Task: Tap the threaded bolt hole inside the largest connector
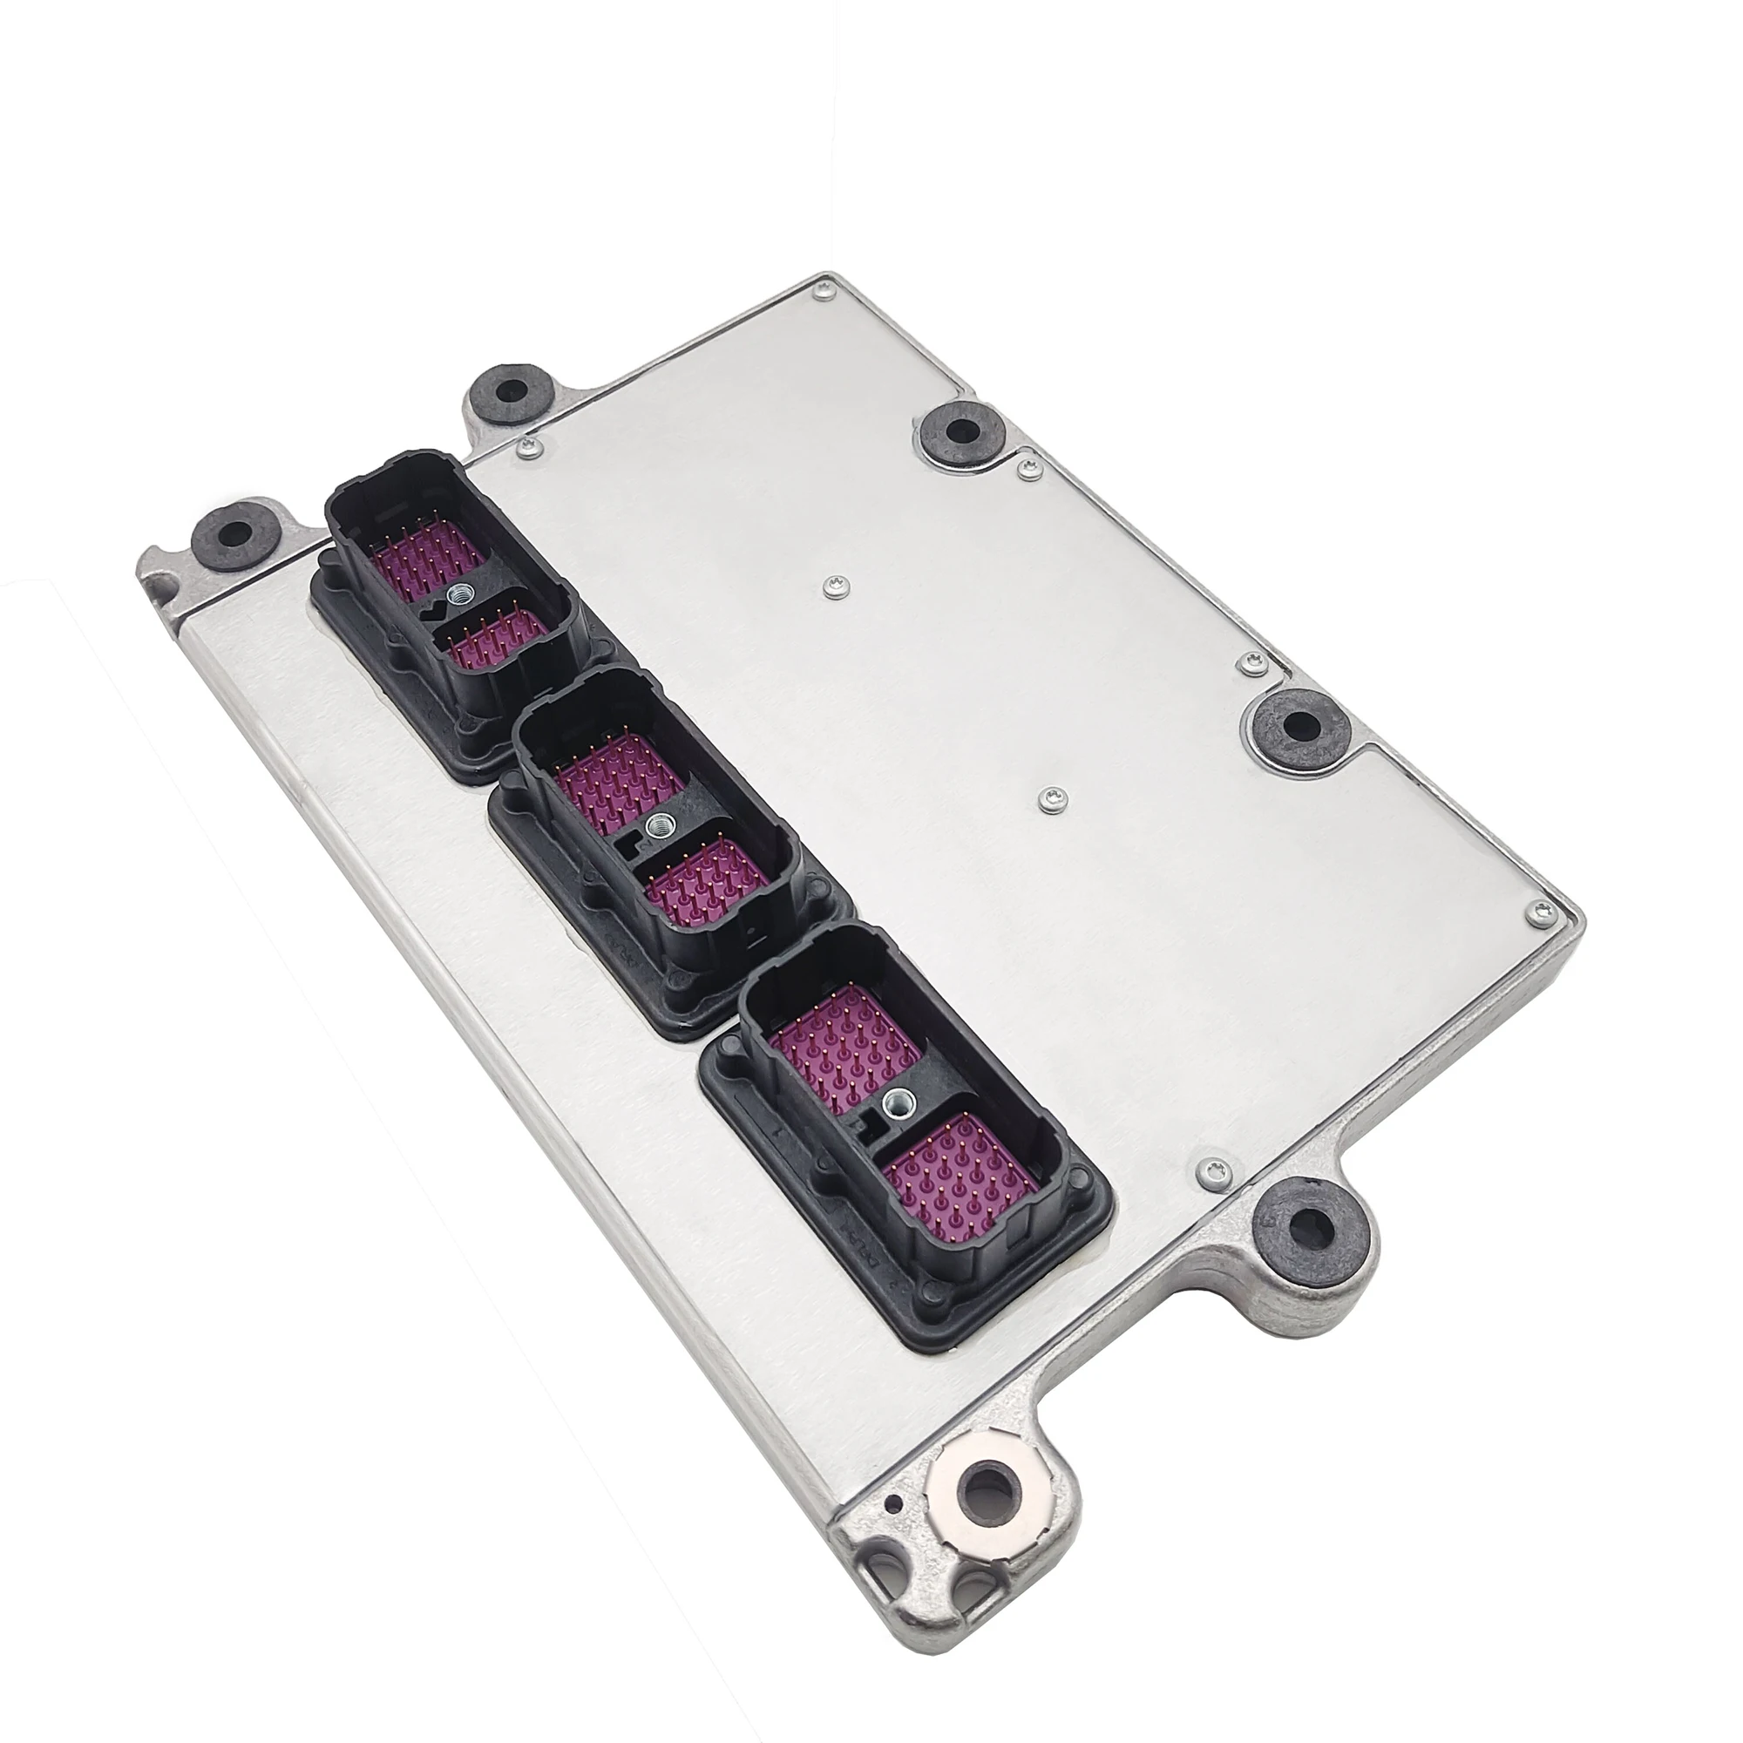(x=899, y=1099)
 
